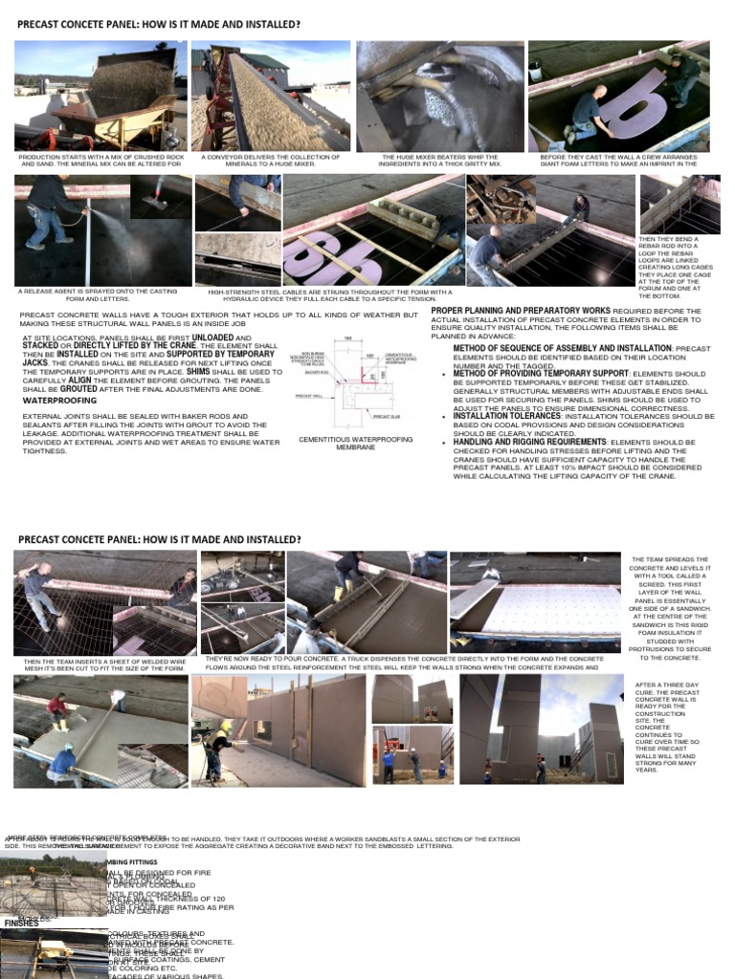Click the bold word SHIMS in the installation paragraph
199,372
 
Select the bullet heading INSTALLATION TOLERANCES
506,416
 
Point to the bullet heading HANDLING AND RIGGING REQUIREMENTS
529,443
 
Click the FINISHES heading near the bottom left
21,924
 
